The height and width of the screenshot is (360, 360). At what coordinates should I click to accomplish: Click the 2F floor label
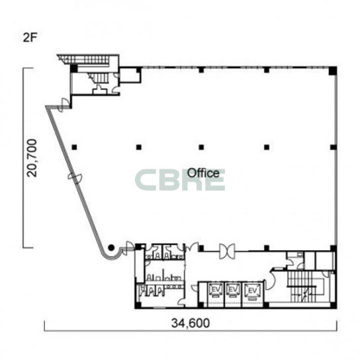[x=30, y=38]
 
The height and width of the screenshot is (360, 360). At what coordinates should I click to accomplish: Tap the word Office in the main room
[x=203, y=173]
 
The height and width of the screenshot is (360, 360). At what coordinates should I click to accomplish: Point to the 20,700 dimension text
[x=32, y=158]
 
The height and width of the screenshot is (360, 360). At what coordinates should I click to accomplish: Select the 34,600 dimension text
[x=191, y=323]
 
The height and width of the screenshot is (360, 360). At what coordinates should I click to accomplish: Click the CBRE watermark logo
[x=180, y=180]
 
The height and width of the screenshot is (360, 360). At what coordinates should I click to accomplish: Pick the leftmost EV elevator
[x=216, y=291]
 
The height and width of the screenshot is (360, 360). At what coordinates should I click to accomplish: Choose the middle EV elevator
[x=233, y=291]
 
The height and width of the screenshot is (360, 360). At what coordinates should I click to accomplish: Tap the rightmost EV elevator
[x=252, y=291]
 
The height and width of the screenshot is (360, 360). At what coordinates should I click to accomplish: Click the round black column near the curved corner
[x=111, y=247]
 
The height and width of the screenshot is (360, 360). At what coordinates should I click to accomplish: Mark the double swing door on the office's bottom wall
[x=227, y=251]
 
